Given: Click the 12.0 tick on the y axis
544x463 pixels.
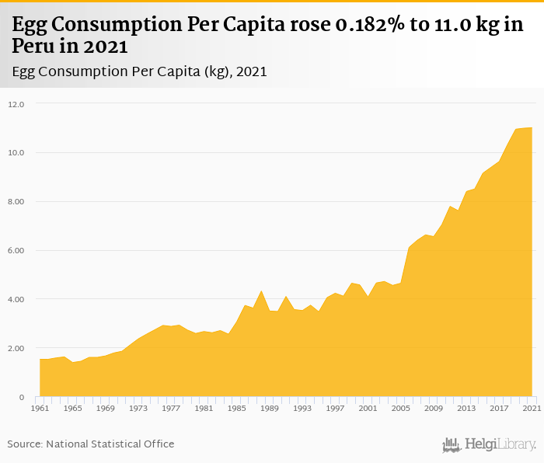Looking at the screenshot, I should tap(16, 103).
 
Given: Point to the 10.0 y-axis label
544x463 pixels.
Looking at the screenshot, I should tap(16, 152).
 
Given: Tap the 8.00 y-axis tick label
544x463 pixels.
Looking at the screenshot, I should tap(16, 201).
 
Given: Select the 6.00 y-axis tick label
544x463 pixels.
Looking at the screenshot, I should tap(16, 250).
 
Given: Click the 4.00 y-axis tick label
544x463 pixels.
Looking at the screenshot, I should tap(16, 299).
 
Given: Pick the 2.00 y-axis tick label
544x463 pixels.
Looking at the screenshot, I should tap(16, 348).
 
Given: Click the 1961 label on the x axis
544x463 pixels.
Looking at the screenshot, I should tap(40, 408).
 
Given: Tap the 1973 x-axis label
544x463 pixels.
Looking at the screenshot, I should tap(138, 408).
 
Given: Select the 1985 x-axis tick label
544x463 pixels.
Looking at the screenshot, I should tap(236, 408).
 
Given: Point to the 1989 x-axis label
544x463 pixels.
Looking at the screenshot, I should tap(269, 408).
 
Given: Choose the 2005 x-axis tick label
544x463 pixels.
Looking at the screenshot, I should tap(400, 408).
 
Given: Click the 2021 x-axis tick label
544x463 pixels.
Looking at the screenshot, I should tap(532, 408).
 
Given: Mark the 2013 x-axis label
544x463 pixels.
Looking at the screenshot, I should tap(466, 408).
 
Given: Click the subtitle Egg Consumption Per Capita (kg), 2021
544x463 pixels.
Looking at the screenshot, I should tap(140, 72).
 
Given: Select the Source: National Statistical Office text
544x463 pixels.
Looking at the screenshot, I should tap(91, 444).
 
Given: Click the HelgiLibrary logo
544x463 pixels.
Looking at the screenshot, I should tap(490, 444).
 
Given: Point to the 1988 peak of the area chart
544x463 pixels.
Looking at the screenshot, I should tap(261, 291).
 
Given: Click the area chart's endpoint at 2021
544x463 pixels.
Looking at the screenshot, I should tap(532, 127).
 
